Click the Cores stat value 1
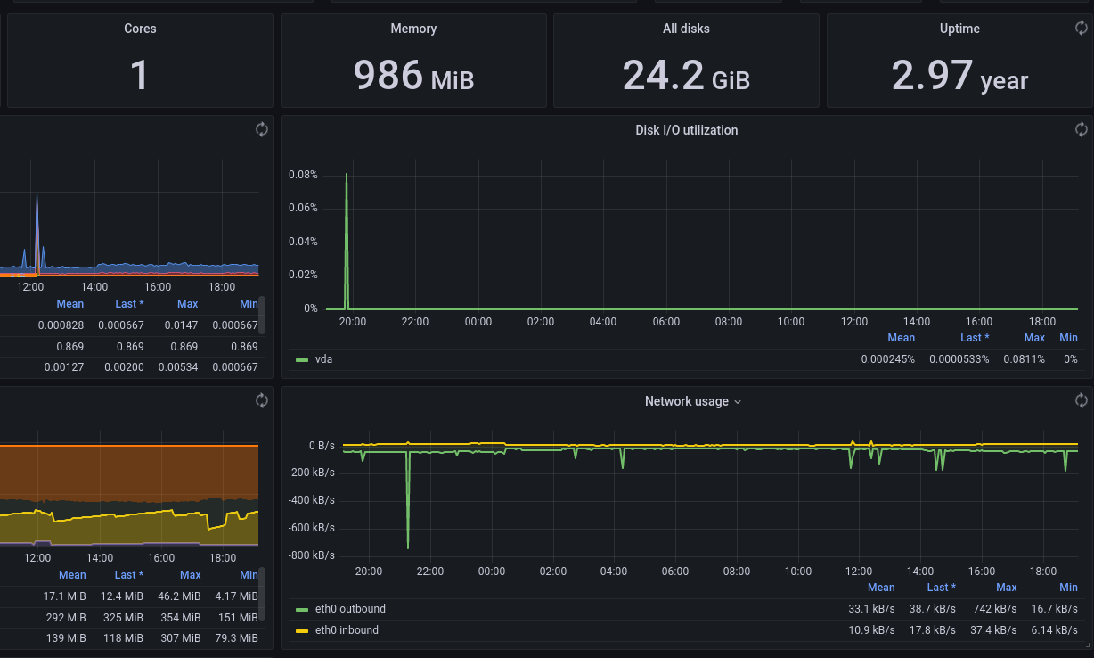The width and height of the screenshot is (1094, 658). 140,75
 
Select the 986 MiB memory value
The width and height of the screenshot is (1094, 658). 413,75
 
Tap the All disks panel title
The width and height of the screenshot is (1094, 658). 686,29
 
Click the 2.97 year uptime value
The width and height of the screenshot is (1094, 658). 959,75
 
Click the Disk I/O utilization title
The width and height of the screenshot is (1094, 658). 686,130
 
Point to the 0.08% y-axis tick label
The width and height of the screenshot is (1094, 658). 303,175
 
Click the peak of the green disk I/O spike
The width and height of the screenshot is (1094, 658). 347,175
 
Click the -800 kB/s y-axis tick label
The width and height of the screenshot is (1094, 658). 312,555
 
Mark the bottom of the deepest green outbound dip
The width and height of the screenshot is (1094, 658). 408,547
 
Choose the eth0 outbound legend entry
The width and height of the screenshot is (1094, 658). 350,609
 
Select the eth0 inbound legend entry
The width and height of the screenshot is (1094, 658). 347,630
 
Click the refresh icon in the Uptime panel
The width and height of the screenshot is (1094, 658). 1081,29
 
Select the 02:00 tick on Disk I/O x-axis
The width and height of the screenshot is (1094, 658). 541,322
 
